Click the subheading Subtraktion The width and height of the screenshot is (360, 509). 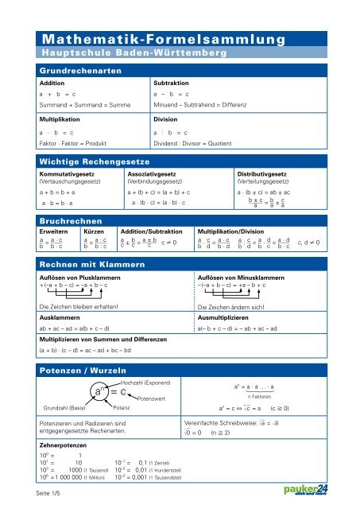tap(167, 82)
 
